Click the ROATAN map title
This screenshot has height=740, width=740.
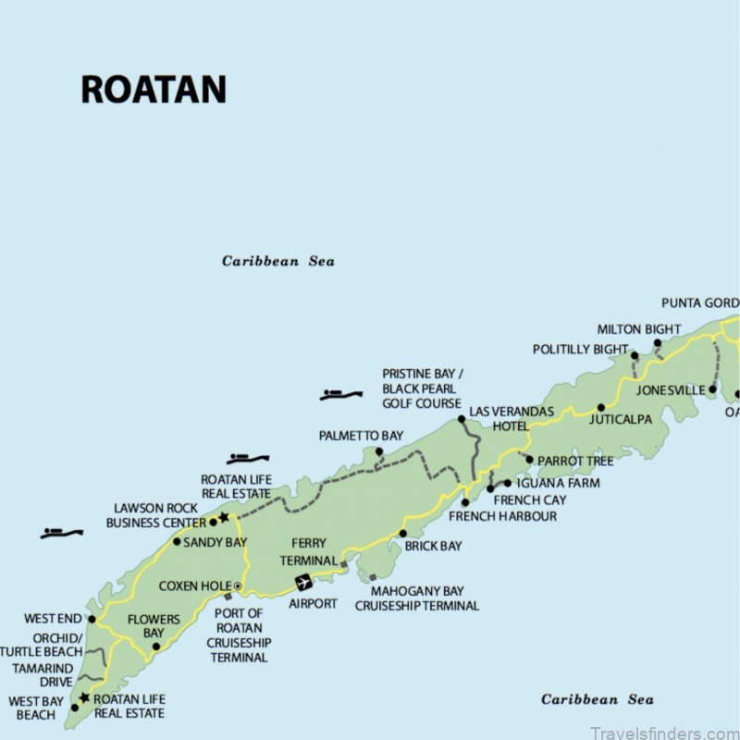click(154, 89)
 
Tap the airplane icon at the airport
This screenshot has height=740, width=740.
click(302, 582)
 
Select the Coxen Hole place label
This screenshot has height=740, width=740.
click(194, 586)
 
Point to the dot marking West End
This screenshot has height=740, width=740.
click(92, 619)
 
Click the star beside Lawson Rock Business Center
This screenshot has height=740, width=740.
click(223, 517)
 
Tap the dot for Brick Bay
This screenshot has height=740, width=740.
click(402, 533)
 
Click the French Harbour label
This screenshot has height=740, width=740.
click(503, 516)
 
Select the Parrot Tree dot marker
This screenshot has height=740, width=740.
click(529, 459)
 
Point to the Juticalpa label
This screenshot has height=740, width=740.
click(621, 420)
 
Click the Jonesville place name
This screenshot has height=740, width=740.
click(671, 390)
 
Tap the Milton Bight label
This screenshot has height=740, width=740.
click(639, 329)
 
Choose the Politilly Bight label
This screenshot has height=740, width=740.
click(580, 350)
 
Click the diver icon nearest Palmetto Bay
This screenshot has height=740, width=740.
click(340, 395)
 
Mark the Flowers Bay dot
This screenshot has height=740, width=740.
click(155, 647)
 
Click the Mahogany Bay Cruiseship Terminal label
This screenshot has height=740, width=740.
click(417, 598)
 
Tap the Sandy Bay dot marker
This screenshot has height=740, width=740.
click(177, 541)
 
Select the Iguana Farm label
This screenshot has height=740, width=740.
click(558, 483)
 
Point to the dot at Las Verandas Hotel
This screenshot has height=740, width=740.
click(462, 419)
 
